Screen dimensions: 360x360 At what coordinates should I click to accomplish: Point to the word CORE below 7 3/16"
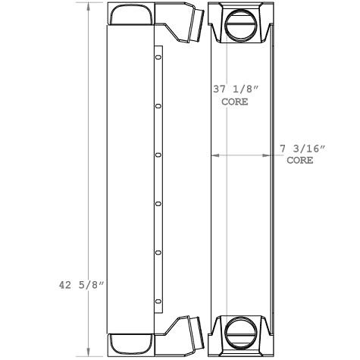(x=300, y=161)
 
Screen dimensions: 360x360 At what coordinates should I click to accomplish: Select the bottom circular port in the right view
(x=241, y=332)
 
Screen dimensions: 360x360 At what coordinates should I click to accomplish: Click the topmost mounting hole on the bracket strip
(x=158, y=58)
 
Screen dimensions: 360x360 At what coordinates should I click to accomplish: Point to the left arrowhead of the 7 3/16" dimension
(x=213, y=155)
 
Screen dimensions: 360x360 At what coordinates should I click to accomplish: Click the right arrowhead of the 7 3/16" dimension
(x=274, y=155)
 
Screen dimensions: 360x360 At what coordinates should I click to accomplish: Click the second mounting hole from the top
(x=158, y=107)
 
